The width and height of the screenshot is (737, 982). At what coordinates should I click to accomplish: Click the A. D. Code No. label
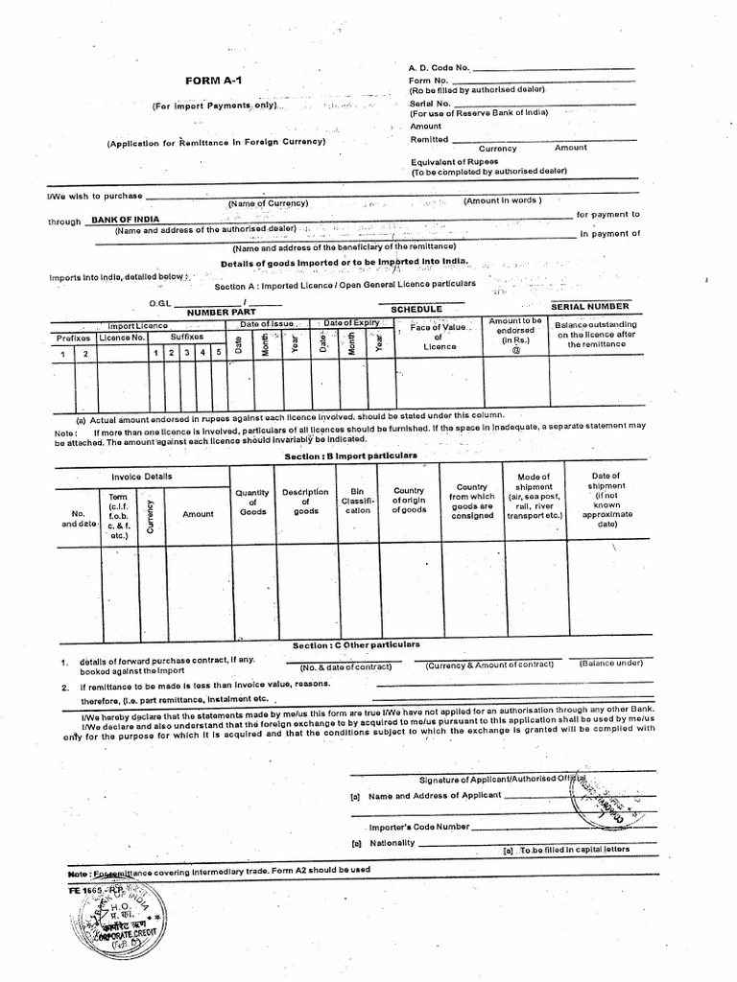pos(440,67)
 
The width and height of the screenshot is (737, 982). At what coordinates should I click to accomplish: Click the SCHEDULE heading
pos(416,309)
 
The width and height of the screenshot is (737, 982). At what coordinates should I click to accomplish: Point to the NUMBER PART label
pos(221,312)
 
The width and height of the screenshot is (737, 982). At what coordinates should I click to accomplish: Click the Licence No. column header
pos(123,338)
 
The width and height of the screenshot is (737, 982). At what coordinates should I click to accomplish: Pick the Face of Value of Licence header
pos(438,337)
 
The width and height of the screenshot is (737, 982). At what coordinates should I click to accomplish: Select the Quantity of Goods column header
pos(252,502)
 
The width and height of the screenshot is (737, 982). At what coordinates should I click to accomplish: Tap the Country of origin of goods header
pos(409,501)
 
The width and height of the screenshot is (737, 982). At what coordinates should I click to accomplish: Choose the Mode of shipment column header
pos(534,496)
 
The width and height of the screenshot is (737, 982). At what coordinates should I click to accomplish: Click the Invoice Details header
pos(142,476)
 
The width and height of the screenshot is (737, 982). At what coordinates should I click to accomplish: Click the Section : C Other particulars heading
pos(356,644)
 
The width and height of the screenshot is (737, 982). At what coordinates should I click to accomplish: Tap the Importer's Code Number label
pos(419,826)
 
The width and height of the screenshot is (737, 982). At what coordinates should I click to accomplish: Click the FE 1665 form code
pos(84,891)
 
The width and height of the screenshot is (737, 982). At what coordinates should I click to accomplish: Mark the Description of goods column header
pos(306,502)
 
